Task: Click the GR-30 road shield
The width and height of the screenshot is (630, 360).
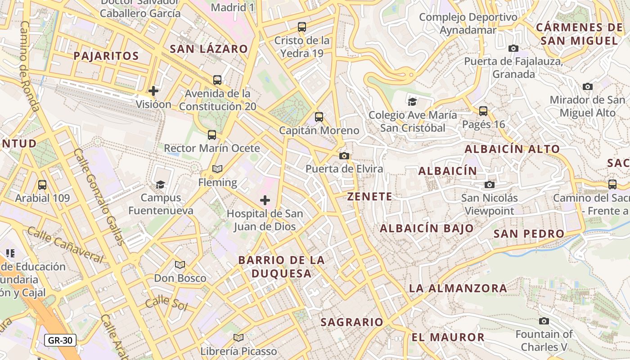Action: point(60,340)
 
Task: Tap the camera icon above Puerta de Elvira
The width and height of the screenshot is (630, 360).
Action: point(344,156)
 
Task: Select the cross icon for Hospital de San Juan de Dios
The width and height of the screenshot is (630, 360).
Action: point(265,200)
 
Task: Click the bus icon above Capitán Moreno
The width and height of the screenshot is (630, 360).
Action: point(319,117)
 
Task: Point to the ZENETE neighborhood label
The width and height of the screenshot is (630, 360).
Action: point(369,197)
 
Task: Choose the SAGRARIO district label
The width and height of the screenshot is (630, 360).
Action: point(351,322)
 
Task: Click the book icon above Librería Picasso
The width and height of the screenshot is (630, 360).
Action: point(238,337)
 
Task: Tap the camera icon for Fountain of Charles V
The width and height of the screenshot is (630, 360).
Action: point(544,321)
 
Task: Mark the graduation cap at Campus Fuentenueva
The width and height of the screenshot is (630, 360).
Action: point(160,184)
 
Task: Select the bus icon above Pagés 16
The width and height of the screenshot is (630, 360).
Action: point(483,111)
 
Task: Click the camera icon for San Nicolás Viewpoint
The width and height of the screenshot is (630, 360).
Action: point(490,184)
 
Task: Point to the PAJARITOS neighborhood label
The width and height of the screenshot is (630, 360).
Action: point(106,56)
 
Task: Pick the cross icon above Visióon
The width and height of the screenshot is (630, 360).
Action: point(153,91)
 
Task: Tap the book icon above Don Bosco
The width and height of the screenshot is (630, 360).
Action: point(180,265)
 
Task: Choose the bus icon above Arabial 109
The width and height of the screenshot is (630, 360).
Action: point(42,184)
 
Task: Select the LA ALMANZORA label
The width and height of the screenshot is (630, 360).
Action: point(458,288)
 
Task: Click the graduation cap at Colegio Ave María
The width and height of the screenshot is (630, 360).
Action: point(412,102)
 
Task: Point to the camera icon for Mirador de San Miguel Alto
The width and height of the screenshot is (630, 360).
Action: point(587,86)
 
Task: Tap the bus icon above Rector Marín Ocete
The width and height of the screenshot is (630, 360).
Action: point(212,135)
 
